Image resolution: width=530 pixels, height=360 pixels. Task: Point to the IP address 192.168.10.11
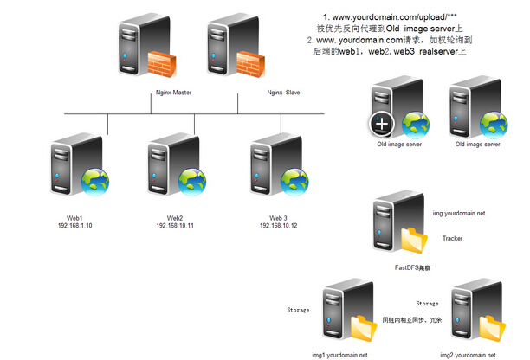(x=175, y=225)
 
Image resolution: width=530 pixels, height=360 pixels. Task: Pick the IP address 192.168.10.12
(x=278, y=225)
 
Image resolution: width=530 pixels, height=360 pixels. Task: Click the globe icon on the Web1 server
(x=94, y=181)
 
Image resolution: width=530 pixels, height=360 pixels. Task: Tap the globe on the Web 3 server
(x=294, y=180)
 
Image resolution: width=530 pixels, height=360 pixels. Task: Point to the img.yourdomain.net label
(x=458, y=212)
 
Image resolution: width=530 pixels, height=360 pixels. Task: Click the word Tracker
(x=452, y=238)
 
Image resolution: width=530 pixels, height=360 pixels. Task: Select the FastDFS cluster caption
(x=412, y=269)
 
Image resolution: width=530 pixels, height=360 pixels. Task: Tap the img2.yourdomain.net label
(x=468, y=355)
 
